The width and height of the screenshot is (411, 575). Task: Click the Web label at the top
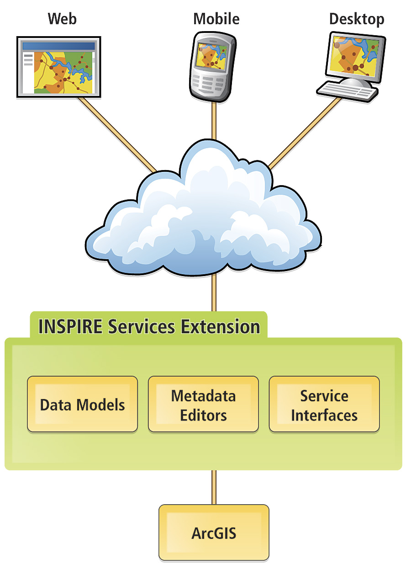click(62, 19)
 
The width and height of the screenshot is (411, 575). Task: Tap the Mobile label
click(216, 19)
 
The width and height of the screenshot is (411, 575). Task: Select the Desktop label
click(357, 19)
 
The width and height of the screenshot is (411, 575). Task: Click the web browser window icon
click(58, 67)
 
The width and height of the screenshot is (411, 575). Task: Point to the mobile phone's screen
click(212, 57)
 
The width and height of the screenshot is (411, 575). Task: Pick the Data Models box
click(82, 405)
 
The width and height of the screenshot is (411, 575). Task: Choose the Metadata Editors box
click(203, 405)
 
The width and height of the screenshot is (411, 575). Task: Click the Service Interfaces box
click(324, 405)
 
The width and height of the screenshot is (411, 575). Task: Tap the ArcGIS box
click(214, 533)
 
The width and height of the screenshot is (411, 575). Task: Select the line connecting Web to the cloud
click(117, 135)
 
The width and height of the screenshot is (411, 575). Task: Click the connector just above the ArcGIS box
click(214, 487)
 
